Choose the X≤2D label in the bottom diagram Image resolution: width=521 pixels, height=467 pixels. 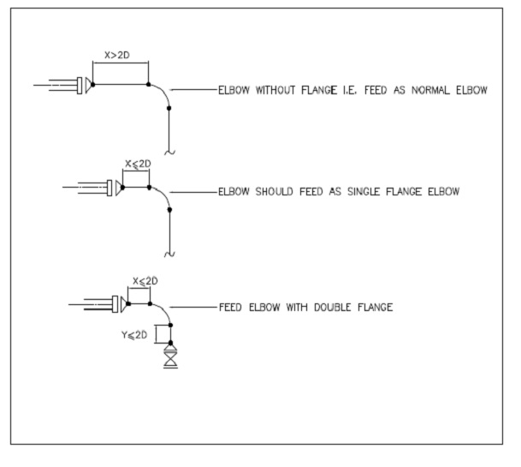[145, 280]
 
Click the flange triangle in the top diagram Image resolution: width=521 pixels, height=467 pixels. [89, 84]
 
